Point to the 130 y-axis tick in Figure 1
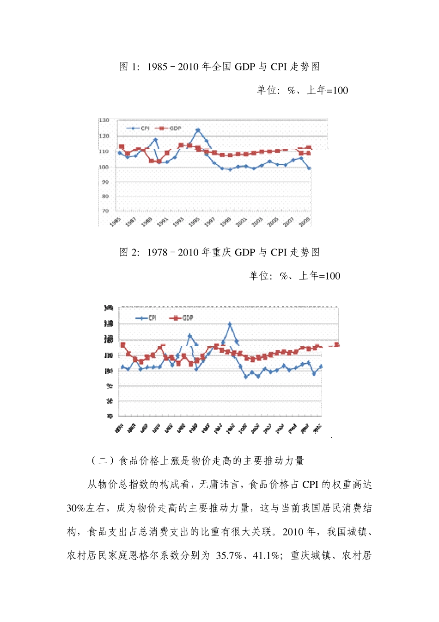pyautogui.click(x=104, y=120)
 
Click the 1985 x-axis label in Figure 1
pyautogui.click(x=116, y=221)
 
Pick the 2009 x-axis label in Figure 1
pyautogui.click(x=304, y=222)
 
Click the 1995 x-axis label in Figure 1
pyautogui.click(x=194, y=222)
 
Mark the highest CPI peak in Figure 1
pyautogui.click(x=198, y=131)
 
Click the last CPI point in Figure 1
pyautogui.click(x=309, y=168)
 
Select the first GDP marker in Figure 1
pyautogui.click(x=122, y=147)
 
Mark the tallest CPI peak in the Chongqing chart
pyautogui.click(x=230, y=324)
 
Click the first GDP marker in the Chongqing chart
pyautogui.click(x=123, y=345)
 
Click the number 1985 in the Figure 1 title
pyautogui.click(x=157, y=67)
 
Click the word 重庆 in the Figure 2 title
pyautogui.click(x=222, y=252)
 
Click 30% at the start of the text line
pyautogui.click(x=76, y=508)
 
